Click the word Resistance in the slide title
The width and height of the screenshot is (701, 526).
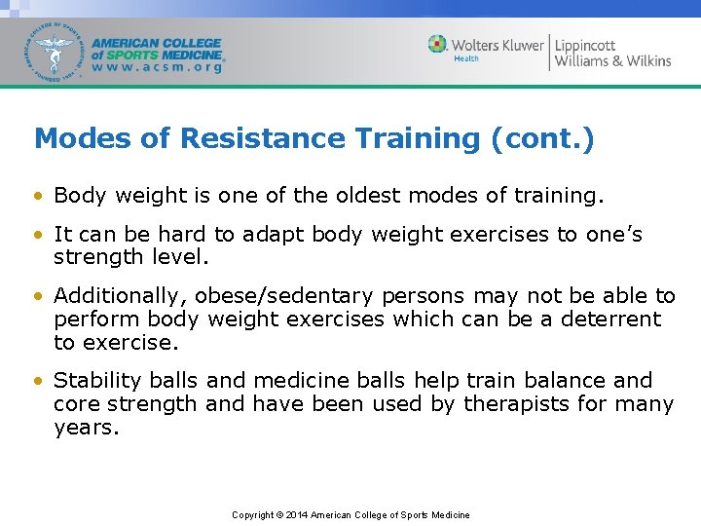[x=242, y=139]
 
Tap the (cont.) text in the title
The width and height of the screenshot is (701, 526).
[x=543, y=139]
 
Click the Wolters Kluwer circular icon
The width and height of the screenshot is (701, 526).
[x=438, y=44]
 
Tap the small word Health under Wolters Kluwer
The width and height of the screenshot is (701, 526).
[x=466, y=59]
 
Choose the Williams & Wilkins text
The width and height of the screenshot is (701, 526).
[x=613, y=61]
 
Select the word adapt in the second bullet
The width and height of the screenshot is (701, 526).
[x=272, y=235]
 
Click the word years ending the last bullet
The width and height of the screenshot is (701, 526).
[x=86, y=427]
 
